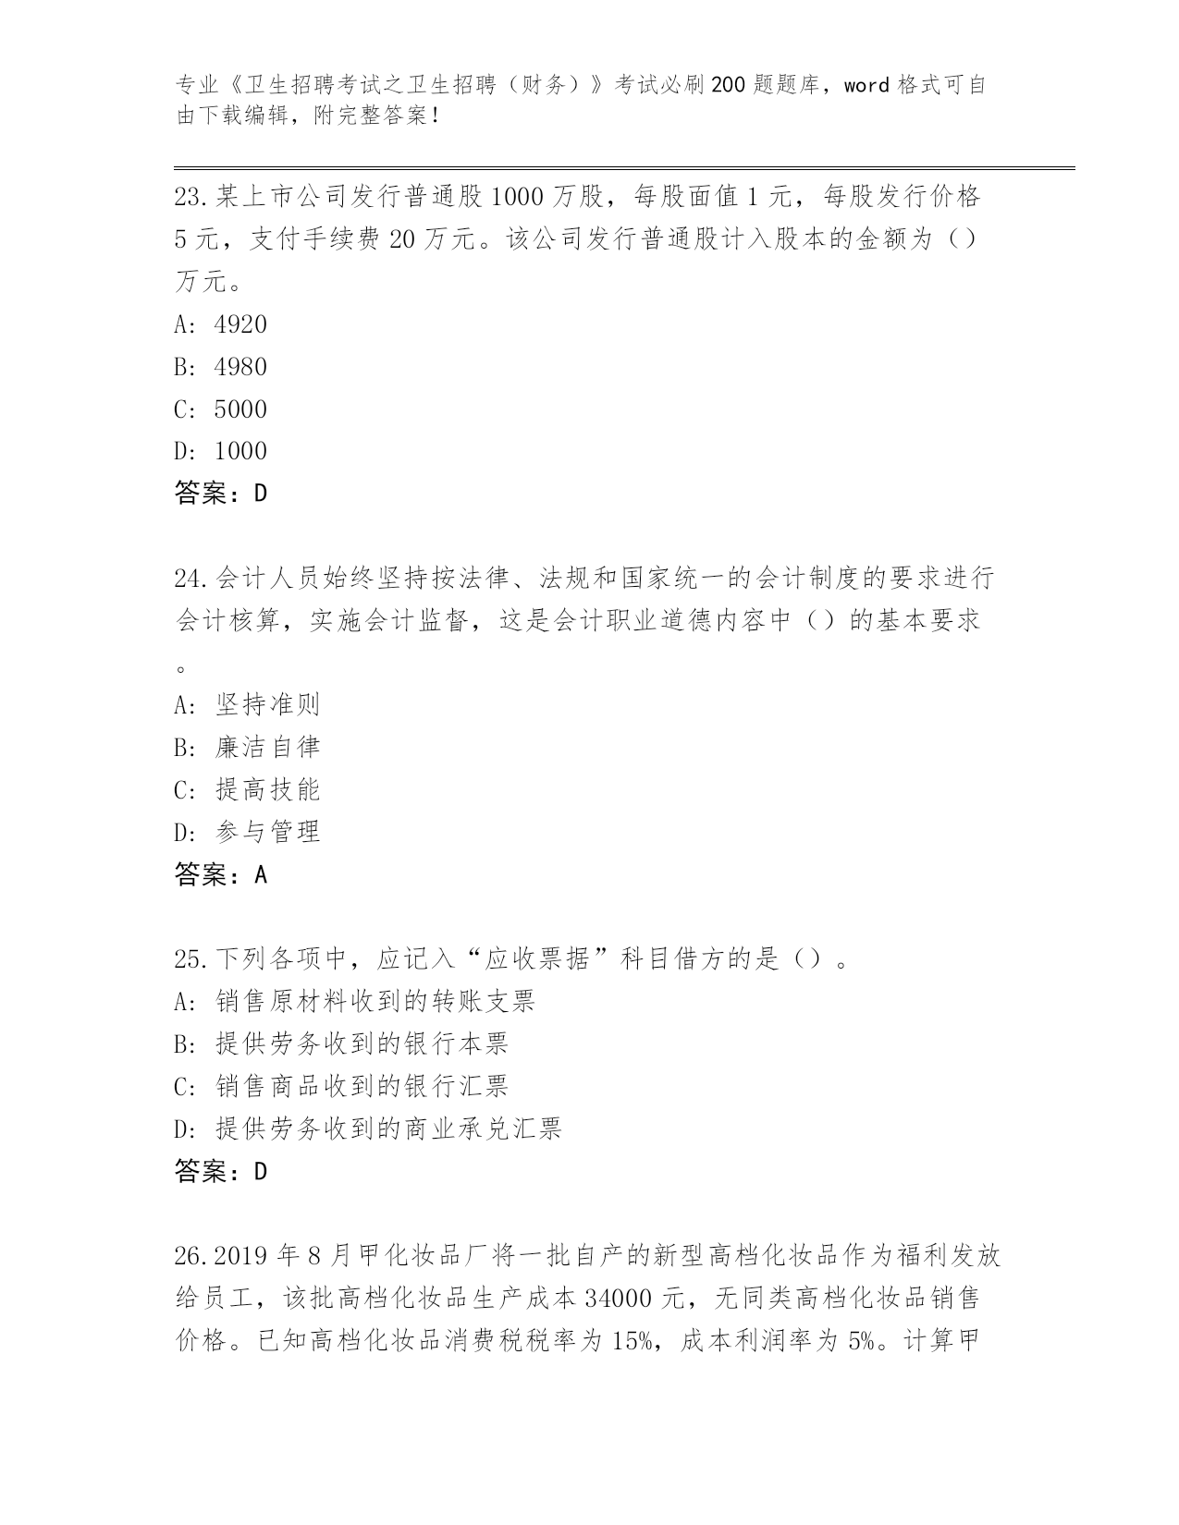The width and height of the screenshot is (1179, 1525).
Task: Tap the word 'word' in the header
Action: coord(866,86)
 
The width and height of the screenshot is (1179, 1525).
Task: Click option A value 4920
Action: coord(239,324)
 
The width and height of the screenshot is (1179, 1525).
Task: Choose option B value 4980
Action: coord(239,367)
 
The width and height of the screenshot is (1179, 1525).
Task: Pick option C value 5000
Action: coord(239,409)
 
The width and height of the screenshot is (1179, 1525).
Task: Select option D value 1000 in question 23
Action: coord(239,451)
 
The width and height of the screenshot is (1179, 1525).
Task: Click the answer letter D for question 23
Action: coord(260,494)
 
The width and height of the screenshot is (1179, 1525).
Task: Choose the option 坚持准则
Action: coord(267,705)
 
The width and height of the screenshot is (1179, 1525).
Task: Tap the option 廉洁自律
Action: coord(267,748)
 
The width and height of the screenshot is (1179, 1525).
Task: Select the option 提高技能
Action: coord(267,790)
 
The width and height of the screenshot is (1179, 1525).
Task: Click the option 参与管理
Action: coord(267,832)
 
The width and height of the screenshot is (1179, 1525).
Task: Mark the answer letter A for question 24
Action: coord(260,874)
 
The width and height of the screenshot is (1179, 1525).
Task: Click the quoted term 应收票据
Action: coord(537,959)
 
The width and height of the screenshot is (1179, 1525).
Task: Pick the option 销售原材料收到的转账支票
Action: coord(375,1002)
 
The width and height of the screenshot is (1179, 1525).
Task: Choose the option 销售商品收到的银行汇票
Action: coord(362,1086)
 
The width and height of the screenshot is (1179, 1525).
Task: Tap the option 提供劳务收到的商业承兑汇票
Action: coord(388,1128)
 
